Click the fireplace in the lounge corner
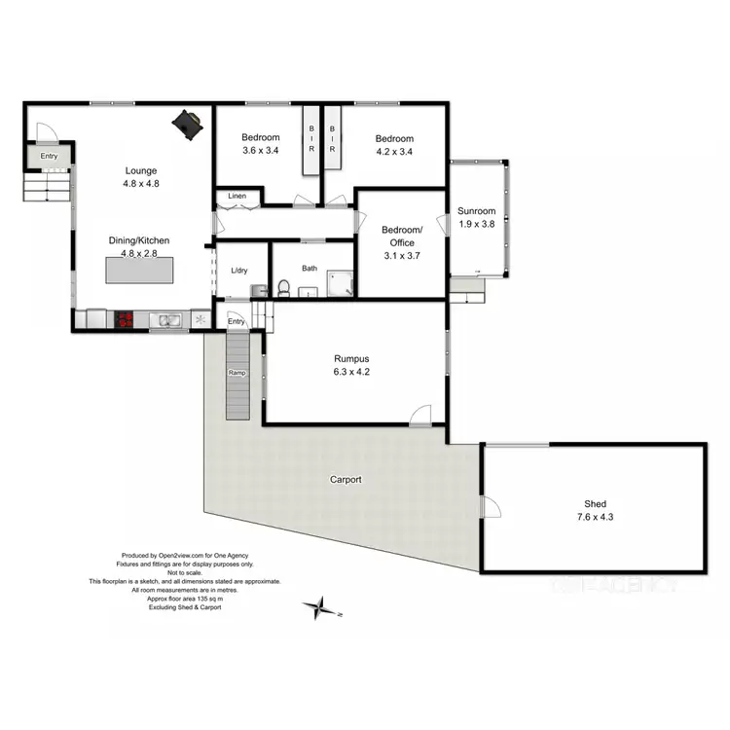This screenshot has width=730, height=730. click(188, 124)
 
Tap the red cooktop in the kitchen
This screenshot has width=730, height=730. click(126, 318)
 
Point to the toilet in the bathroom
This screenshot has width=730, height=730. click(283, 287)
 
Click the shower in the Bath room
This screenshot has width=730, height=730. click(341, 282)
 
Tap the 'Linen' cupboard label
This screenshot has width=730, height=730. click(237, 197)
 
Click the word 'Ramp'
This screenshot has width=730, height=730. click(237, 373)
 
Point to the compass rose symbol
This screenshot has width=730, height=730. click(318, 609)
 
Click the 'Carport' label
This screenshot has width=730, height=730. click(346, 480)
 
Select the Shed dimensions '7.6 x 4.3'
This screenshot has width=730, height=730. click(595, 517)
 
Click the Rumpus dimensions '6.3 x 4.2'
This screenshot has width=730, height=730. click(353, 370)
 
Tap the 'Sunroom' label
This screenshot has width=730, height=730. click(477, 211)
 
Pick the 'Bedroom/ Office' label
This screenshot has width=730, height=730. click(397, 237)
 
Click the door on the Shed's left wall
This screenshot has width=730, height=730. click(490, 505)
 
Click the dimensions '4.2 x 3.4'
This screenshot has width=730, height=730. click(394, 151)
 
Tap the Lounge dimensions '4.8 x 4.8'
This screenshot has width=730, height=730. click(140, 183)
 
